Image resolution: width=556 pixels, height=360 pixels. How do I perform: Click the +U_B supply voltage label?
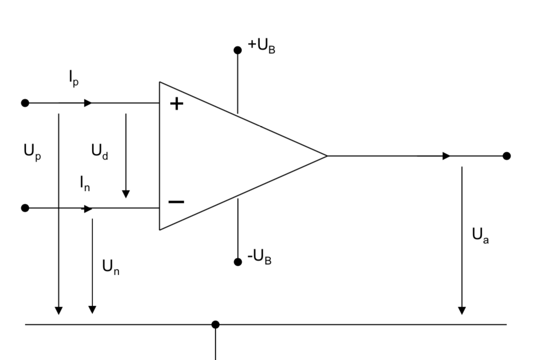tap(262, 46)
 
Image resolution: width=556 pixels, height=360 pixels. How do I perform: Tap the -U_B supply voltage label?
tap(259, 257)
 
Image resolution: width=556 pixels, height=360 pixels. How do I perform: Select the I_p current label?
tap(74, 79)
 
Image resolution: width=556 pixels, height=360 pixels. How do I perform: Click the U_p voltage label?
tap(32, 152)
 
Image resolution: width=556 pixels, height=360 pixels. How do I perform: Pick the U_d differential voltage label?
tap(99, 151)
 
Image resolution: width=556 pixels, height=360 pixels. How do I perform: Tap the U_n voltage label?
tap(110, 267)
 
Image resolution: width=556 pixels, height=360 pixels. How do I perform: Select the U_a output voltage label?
tap(480, 236)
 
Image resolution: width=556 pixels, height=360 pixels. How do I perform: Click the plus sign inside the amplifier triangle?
tap(177, 104)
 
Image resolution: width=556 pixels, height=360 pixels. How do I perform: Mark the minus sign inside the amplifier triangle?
tap(176, 202)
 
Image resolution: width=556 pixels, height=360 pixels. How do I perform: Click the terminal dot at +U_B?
tap(238, 50)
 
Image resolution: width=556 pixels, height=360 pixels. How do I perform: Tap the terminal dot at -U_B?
tap(238, 262)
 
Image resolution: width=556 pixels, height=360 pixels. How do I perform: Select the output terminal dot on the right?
tap(506, 156)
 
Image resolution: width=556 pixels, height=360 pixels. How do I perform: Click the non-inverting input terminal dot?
tap(25, 103)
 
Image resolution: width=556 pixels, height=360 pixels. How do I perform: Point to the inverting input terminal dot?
tap(25, 208)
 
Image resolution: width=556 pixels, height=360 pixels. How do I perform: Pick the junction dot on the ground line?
tap(215, 325)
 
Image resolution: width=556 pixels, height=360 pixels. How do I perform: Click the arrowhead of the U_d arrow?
tap(126, 194)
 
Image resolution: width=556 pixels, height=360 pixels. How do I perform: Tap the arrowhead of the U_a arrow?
tap(462, 310)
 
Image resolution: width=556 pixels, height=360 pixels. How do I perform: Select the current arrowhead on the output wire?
tap(447, 156)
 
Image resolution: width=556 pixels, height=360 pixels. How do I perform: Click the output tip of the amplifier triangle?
tap(327, 156)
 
